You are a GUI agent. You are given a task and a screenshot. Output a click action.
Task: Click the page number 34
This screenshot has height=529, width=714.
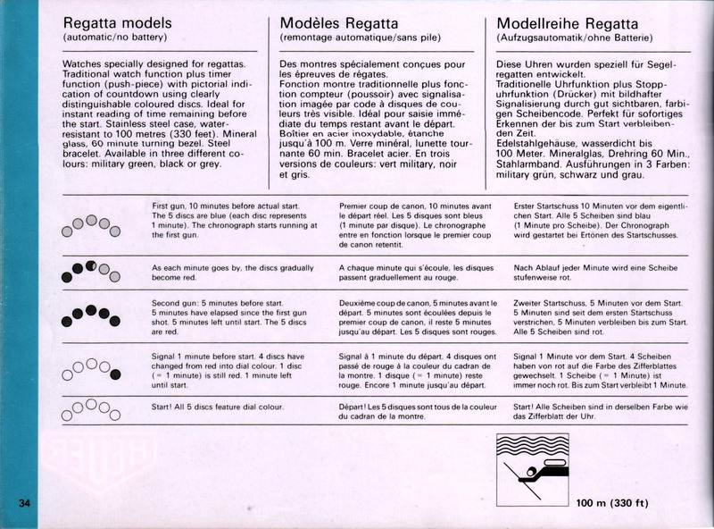tap(25, 502)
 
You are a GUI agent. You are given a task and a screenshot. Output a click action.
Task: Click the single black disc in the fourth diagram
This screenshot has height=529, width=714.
tap(116, 372)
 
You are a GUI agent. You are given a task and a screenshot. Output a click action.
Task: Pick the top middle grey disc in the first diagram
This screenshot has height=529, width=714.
tap(91, 220)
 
